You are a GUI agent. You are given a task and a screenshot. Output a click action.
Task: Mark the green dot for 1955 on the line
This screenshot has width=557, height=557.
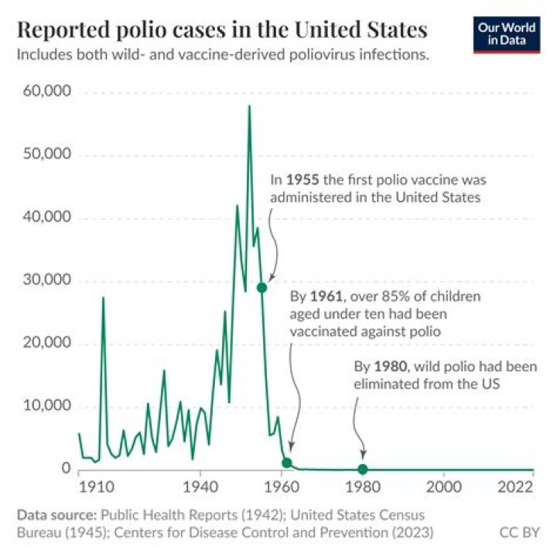[x=262, y=288]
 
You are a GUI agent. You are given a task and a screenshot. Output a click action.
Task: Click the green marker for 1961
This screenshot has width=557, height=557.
[x=287, y=463]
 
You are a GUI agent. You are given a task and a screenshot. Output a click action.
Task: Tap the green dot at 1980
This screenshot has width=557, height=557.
[x=362, y=469]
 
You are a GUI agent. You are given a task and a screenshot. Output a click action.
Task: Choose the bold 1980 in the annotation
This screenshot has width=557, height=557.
[x=388, y=366]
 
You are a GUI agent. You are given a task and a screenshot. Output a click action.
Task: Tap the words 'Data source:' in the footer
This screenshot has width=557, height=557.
[x=53, y=514]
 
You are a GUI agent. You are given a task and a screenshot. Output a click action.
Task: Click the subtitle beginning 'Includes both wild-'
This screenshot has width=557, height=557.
[x=223, y=56]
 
